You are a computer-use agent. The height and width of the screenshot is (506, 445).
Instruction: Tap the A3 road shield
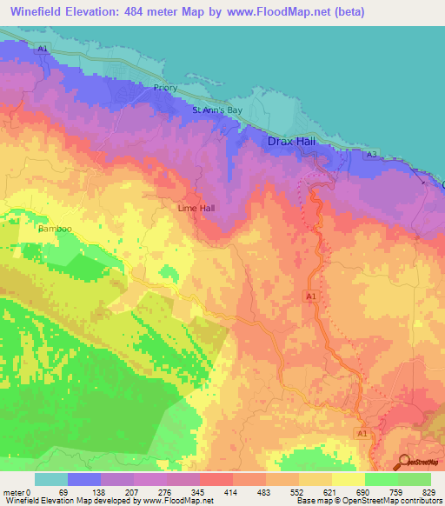371,154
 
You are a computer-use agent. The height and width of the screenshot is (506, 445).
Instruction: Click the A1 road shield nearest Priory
42,50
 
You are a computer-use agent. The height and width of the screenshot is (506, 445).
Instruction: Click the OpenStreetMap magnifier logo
404,463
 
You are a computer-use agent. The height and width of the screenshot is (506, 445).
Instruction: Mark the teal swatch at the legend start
50,479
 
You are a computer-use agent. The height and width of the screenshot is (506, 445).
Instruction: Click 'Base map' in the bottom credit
310,500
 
